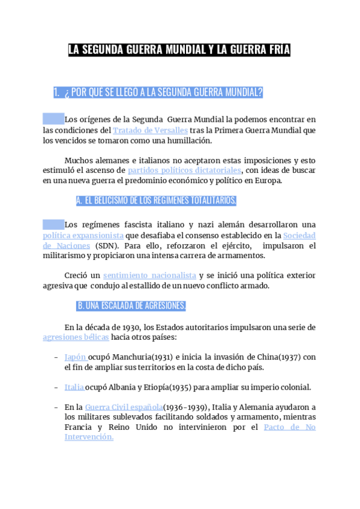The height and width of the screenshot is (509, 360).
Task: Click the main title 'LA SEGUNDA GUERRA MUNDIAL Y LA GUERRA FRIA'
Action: pyautogui.click(x=179, y=50)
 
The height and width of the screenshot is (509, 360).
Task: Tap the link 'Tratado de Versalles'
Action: pyautogui.click(x=151, y=130)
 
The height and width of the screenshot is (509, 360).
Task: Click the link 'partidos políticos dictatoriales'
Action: pyautogui.click(x=184, y=170)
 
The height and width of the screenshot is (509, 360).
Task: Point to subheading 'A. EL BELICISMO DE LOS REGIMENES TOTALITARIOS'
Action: pyautogui.click(x=156, y=200)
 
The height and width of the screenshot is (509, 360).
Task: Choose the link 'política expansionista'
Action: pyautogui.click(x=83, y=236)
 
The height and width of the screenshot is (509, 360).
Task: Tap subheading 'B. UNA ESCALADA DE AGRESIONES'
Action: pyautogui.click(x=131, y=306)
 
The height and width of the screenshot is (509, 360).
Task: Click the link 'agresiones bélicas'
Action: pyautogui.click(x=76, y=337)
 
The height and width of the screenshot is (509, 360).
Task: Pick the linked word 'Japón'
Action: pyautogui.click(x=75, y=357)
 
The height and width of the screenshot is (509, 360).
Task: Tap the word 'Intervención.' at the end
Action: pyautogui.click(x=89, y=437)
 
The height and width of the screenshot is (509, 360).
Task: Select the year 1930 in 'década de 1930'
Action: pyautogui.click(x=128, y=327)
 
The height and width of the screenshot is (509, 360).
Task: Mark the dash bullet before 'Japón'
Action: pyautogui.click(x=56, y=357)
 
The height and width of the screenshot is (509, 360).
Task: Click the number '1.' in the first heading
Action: pyautogui.click(x=56, y=92)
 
